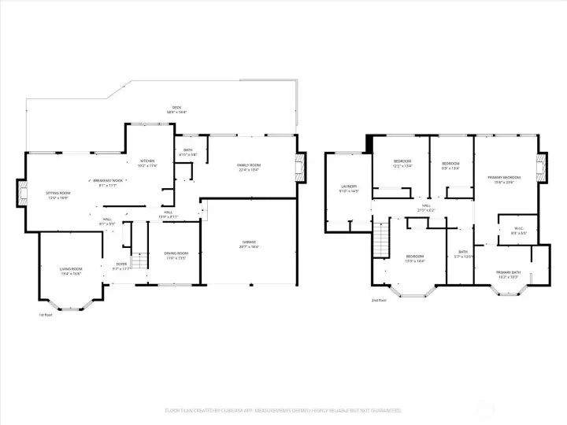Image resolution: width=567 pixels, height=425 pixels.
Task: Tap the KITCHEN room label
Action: coord(147,163)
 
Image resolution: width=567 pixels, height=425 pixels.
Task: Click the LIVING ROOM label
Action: coord(71,270)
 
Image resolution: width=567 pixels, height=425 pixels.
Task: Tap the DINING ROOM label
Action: coord(176,254)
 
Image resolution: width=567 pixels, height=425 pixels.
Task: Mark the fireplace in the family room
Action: coord(299,167)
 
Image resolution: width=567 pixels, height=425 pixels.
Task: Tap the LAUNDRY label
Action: coord(348,188)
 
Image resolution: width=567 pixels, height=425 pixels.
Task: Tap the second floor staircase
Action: coord(382,236)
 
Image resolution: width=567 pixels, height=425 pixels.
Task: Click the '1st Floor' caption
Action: coord(46,315)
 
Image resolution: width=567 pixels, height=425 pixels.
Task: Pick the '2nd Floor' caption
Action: coord(379,300)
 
